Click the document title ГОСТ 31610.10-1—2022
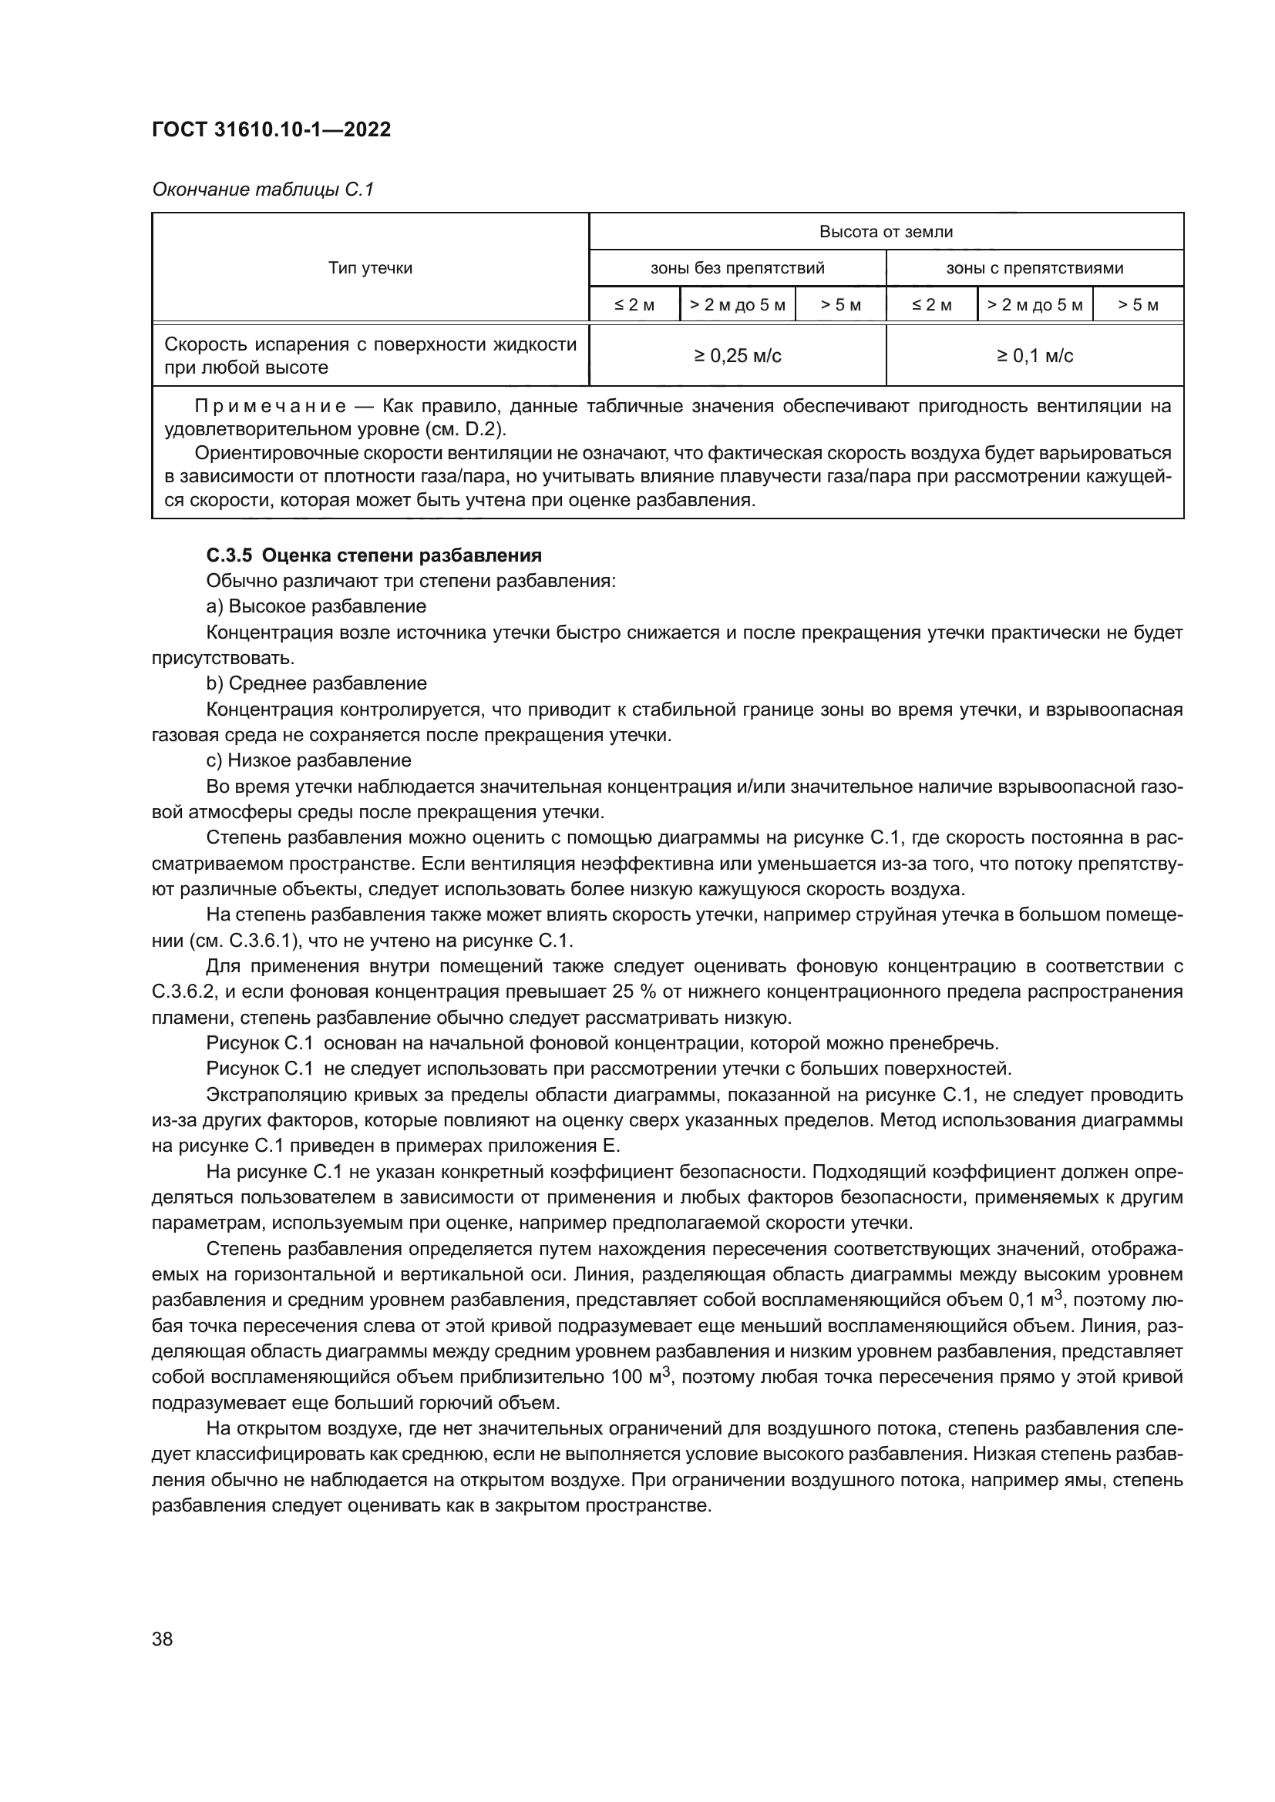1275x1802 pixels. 271,130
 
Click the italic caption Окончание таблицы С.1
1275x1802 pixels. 263,190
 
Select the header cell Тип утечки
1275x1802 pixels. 370,268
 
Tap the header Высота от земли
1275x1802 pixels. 886,232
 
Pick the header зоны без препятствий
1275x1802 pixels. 737,268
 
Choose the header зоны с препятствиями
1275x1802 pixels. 1034,268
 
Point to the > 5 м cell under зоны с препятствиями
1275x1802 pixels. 1138,305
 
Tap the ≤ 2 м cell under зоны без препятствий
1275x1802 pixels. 634,305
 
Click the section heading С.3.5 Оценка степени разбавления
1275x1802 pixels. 374,555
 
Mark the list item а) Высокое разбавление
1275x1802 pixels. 315,606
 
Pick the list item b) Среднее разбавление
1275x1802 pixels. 316,683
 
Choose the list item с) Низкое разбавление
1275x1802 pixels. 308,760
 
